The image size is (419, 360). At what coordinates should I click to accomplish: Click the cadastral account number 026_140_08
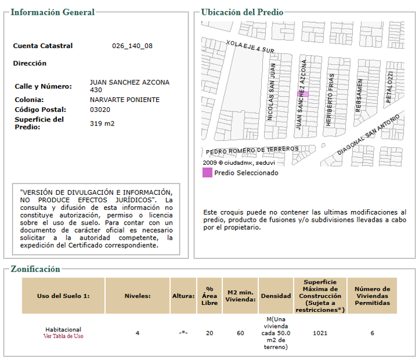[132, 46]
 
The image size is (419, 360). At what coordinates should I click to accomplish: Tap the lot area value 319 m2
[102, 123]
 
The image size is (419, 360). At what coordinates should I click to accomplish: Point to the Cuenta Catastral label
[43, 46]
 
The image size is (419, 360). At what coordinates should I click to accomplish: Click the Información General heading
[53, 12]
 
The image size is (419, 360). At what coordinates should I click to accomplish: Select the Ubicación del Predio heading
[242, 12]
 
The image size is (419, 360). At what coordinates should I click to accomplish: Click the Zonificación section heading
[35, 269]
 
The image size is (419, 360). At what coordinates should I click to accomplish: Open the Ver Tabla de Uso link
[63, 337]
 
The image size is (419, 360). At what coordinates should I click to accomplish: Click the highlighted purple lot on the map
[302, 94]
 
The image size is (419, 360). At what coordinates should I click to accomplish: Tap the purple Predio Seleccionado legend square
[207, 172]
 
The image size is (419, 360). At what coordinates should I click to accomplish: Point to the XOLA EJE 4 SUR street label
[251, 47]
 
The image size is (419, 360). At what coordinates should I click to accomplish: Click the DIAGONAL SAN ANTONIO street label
[370, 134]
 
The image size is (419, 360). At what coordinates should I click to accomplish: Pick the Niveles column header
[137, 296]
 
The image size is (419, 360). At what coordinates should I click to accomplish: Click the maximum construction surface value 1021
[320, 333]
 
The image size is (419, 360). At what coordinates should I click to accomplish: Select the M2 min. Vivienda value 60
[240, 333]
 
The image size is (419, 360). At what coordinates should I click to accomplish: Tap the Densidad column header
[275, 296]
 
